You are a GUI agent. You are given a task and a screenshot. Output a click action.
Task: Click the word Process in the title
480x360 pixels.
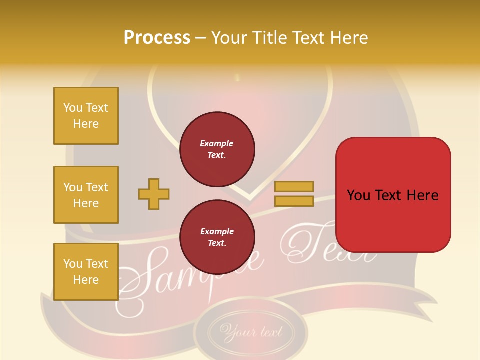157,38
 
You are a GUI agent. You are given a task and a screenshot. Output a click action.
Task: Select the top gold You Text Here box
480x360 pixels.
86,116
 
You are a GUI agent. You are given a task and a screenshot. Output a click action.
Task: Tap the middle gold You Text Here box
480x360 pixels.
86,195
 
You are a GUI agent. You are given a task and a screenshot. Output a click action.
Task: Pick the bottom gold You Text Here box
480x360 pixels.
86,272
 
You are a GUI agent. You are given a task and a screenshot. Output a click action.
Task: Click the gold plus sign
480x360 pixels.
154,194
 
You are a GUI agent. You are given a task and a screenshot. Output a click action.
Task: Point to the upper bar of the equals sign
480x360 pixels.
294,186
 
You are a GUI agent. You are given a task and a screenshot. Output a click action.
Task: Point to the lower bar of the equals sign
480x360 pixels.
294,201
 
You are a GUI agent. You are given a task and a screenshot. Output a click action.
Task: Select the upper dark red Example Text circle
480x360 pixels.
217,149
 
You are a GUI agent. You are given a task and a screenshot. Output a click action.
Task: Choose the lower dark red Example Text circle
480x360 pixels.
217,237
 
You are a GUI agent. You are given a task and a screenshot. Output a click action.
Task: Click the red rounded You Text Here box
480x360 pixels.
393,195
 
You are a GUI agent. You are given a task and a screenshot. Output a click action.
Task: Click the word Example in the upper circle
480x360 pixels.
217,143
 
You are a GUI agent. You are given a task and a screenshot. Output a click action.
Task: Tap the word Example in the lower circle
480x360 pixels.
217,231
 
